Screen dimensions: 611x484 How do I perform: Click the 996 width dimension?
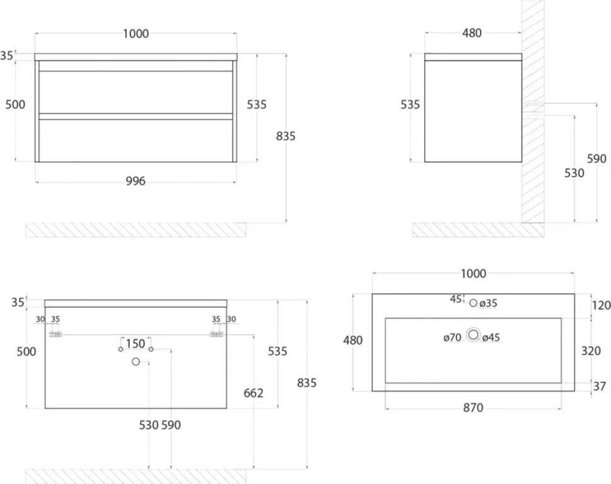[135, 181]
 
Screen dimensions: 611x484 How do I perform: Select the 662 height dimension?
[253, 393]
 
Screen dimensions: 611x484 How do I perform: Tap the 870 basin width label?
[473, 408]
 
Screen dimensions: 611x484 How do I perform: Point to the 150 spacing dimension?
[135, 343]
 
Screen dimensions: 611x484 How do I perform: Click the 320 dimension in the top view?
[591, 351]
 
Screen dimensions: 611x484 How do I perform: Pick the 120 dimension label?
[602, 305]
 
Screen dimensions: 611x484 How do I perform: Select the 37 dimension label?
[599, 386]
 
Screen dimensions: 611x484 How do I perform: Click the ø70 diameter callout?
[452, 337]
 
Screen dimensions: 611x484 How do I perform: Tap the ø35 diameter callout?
[488, 304]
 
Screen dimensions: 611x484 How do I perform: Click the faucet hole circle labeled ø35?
[473, 303]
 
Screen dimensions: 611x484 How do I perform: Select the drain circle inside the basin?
[474, 335]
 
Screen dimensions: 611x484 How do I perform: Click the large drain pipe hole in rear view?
[135, 362]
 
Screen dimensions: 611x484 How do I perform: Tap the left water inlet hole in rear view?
[121, 349]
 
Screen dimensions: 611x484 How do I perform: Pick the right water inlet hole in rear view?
[151, 349]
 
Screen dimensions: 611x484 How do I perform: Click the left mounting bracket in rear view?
[55, 334]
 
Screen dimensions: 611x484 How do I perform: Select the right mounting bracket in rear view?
[216, 334]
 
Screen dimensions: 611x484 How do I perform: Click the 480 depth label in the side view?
[472, 33]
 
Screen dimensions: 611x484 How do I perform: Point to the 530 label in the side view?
[574, 173]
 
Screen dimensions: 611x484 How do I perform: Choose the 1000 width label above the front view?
[135, 34]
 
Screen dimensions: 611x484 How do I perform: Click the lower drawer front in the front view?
[135, 141]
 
